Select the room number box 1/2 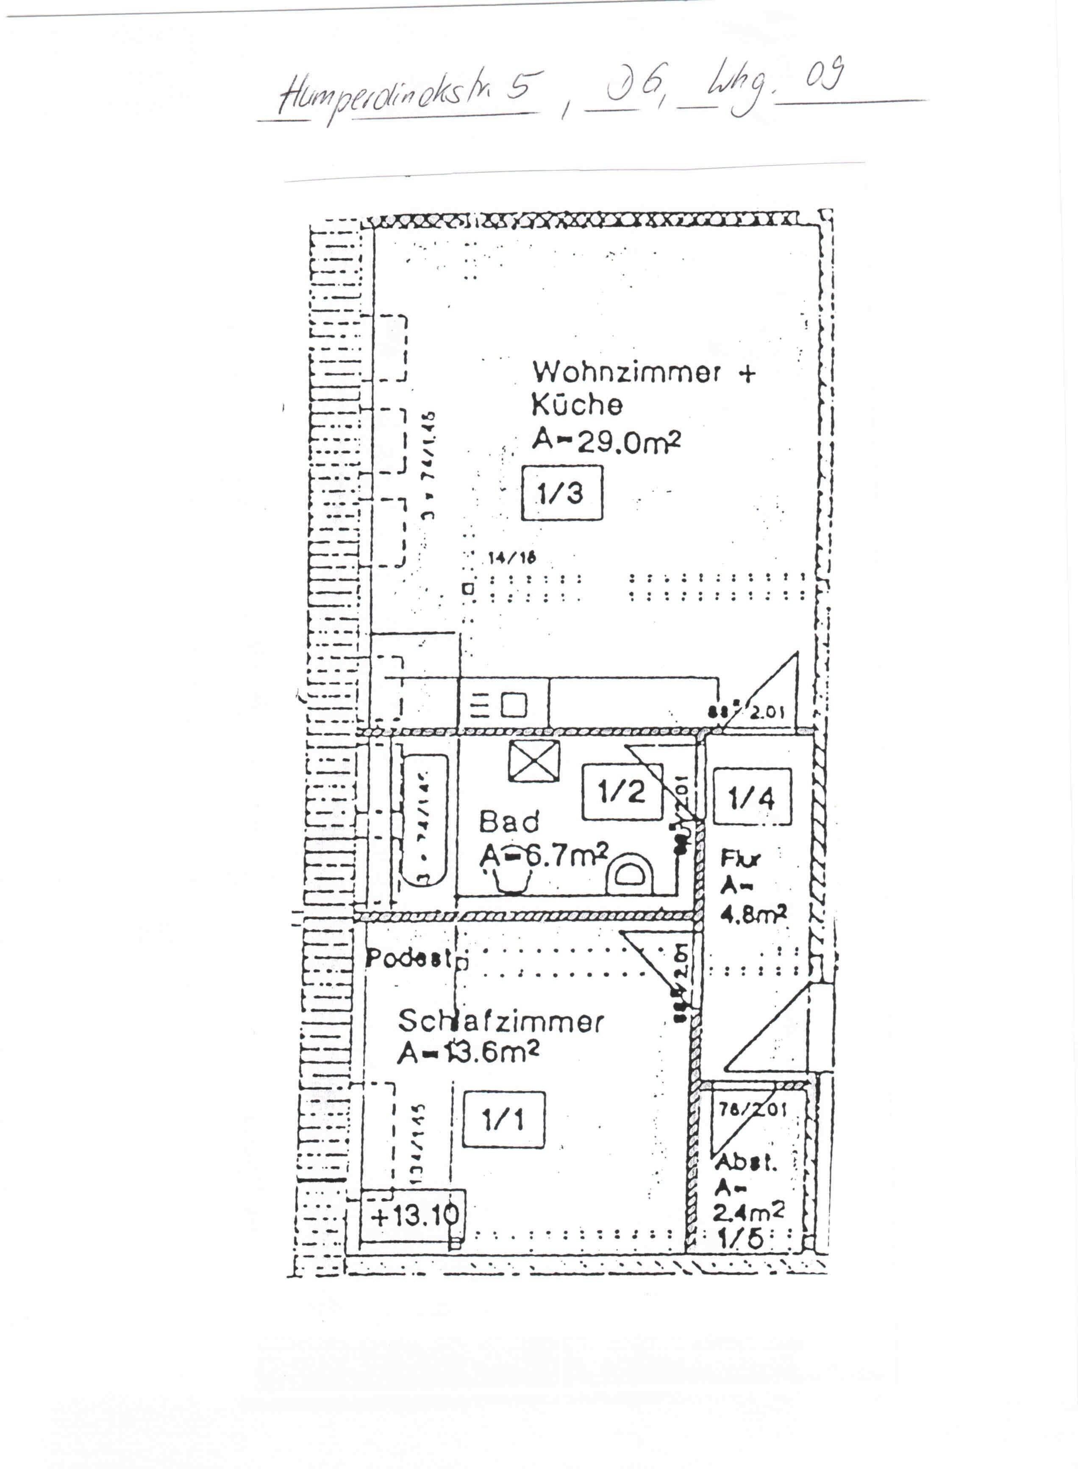coord(621,792)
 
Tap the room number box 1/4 coord(752,796)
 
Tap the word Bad coord(509,821)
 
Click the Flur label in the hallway coord(740,859)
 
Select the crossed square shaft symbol coord(534,761)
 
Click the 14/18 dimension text coord(511,558)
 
